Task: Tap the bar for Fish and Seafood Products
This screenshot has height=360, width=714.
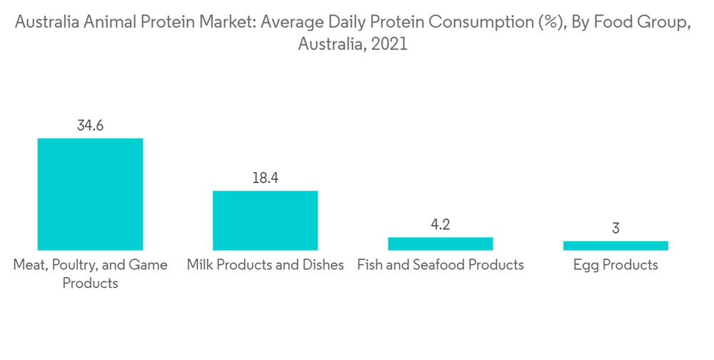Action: [x=440, y=244]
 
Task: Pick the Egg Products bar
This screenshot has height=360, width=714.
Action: [x=615, y=246]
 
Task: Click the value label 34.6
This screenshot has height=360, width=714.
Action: [x=90, y=126]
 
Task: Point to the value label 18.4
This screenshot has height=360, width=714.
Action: [x=265, y=179]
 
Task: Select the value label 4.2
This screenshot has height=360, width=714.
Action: [x=440, y=225]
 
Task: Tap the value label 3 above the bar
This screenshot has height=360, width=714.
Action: [x=615, y=229]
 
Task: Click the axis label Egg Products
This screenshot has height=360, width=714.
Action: [x=615, y=265]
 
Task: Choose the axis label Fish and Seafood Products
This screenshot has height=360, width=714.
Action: [x=440, y=265]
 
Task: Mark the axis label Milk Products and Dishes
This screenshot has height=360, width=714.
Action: [x=265, y=265]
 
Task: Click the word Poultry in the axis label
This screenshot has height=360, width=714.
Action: [x=77, y=265]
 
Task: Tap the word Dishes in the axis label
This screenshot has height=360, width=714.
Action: [x=323, y=265]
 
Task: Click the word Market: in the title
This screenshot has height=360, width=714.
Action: [x=230, y=22]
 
